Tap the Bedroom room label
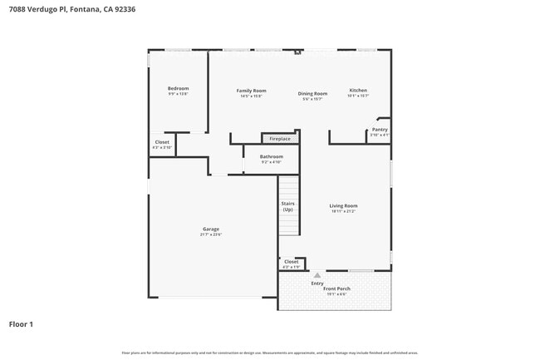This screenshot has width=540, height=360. pyautogui.click(x=178, y=88)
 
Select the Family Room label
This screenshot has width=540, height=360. pyautogui.click(x=251, y=90)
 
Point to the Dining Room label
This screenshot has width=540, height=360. pyautogui.click(x=313, y=93)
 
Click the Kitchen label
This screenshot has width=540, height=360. pyautogui.click(x=358, y=90)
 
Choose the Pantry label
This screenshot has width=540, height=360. pyautogui.click(x=380, y=129)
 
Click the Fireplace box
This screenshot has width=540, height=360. pyautogui.click(x=280, y=139)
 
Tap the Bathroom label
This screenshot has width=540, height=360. pyautogui.click(x=272, y=156)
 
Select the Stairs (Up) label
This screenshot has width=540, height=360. pyautogui.click(x=287, y=206)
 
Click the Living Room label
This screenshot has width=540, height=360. pyautogui.click(x=343, y=205)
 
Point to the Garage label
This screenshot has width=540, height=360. pyautogui.click(x=211, y=229)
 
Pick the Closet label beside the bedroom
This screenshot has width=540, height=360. pyautogui.click(x=162, y=142)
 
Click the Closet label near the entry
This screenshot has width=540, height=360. pyautogui.click(x=291, y=262)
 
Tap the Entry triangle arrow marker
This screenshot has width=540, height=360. pyautogui.click(x=317, y=274)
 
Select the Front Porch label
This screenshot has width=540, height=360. pyautogui.click(x=336, y=288)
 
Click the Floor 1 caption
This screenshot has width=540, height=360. pyautogui.click(x=21, y=323)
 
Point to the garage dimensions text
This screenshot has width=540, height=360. pyautogui.click(x=211, y=234)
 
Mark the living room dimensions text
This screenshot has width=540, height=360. pyautogui.click(x=343, y=211)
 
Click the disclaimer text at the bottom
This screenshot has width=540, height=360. pyautogui.click(x=270, y=353)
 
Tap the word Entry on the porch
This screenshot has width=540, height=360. pyautogui.click(x=317, y=284)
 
